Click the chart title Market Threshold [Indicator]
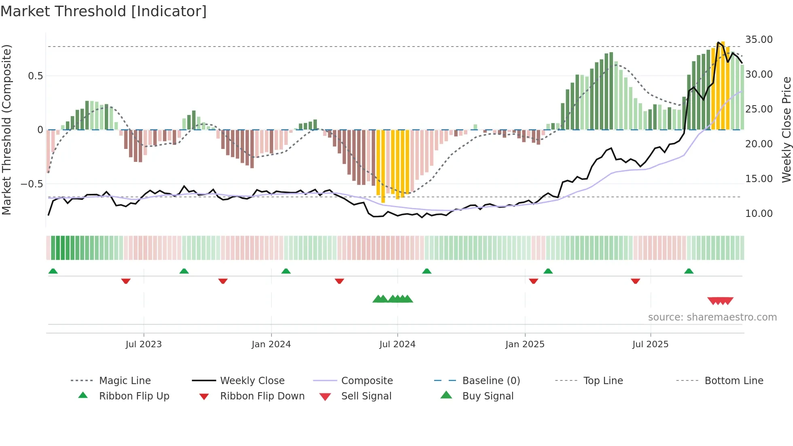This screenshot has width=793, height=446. pos(104,11)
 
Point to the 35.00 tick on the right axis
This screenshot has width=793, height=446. pos(759,40)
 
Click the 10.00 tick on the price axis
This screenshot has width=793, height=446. pos(759,213)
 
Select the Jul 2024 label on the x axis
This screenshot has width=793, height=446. pos(397,344)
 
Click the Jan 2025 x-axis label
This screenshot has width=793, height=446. pos(525,344)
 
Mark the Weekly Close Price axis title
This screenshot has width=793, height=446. pos(786,130)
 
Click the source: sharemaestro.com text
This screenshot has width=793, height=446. pos(712,317)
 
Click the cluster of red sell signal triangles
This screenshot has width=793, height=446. pos(720,301)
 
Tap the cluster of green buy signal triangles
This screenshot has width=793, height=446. pos(392,299)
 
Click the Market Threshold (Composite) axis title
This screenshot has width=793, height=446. pos(6,130)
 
